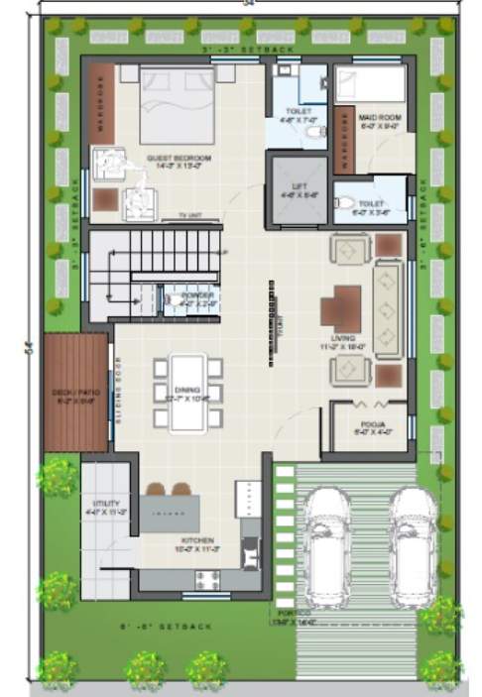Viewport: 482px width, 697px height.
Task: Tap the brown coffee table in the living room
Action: click(346, 308)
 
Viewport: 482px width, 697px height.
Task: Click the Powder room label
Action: click(196, 295)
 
